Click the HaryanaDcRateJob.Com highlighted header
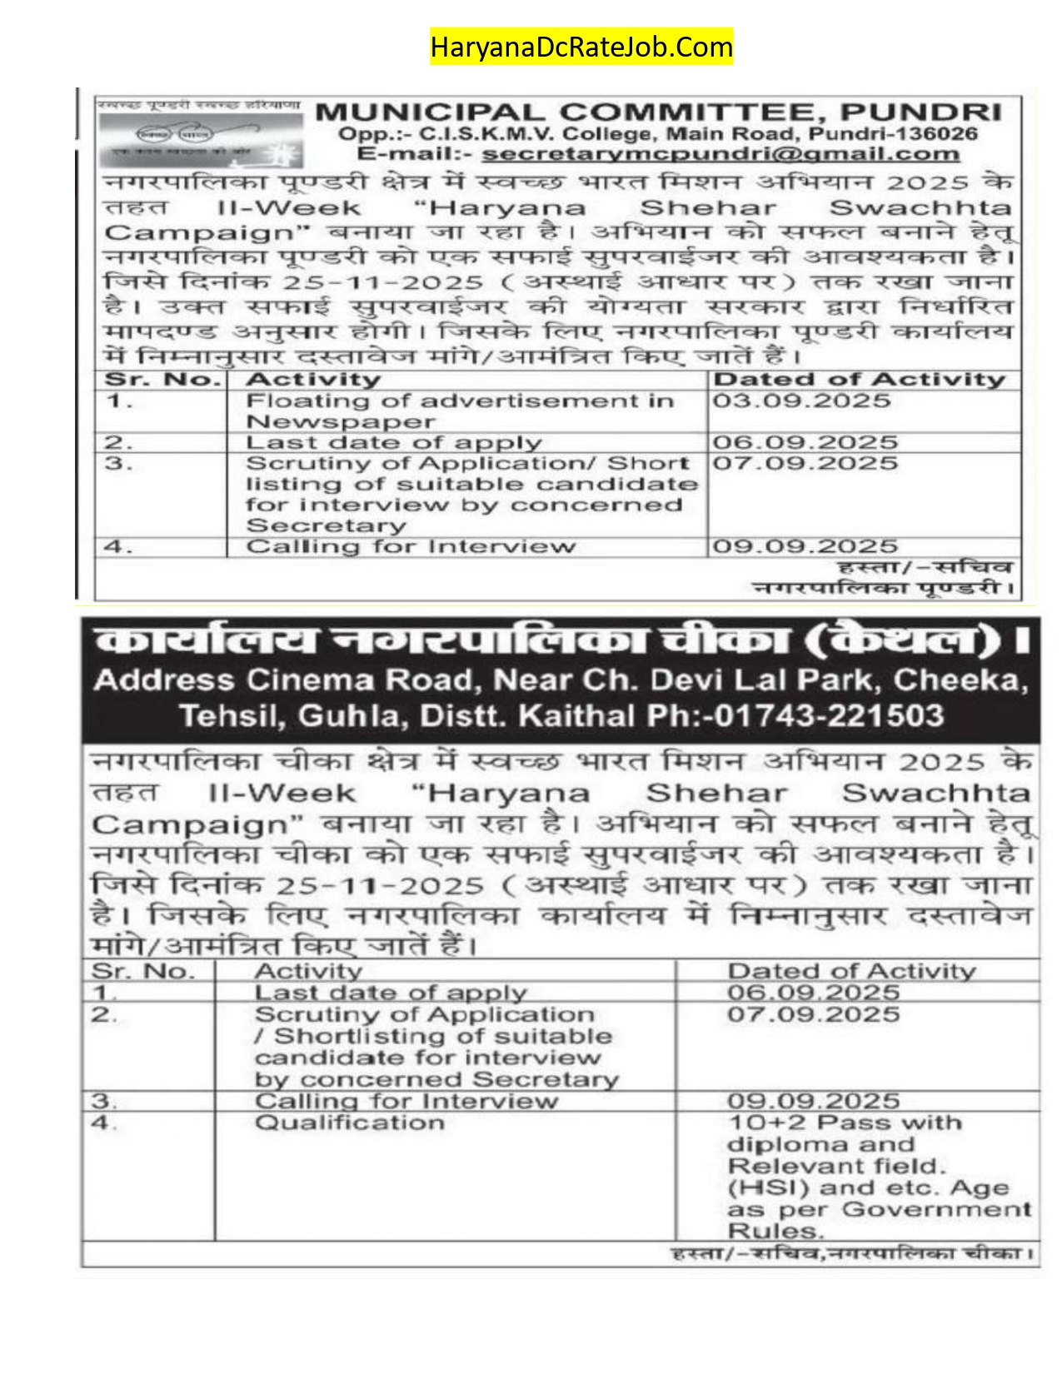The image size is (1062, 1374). (x=581, y=47)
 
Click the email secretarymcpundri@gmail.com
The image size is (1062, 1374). (x=720, y=154)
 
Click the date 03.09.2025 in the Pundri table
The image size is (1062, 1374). (x=801, y=401)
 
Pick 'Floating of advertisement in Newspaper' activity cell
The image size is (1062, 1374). (x=459, y=411)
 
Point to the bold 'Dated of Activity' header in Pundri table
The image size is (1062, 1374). (x=860, y=380)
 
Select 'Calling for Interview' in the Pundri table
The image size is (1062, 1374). (x=411, y=546)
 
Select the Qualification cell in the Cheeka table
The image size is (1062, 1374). (x=350, y=1123)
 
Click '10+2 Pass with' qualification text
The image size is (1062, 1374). (x=845, y=1123)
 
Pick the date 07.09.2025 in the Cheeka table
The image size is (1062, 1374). (x=813, y=1014)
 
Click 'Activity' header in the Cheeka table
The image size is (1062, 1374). (x=308, y=971)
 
